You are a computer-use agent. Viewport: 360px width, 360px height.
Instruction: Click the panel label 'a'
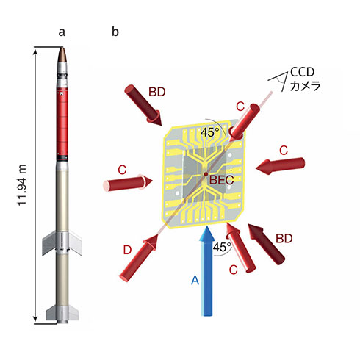pyautogui.click(x=62, y=32)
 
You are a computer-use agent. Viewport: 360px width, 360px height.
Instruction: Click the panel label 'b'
pyautogui.click(x=115, y=32)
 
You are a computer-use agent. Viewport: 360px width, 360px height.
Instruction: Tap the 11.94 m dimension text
pyautogui.click(x=22, y=185)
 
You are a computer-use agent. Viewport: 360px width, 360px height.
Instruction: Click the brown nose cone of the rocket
pyautogui.click(x=62, y=54)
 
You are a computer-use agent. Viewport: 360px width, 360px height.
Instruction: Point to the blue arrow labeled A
pyautogui.click(x=207, y=271)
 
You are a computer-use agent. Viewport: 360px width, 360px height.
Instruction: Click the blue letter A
pyautogui.click(x=195, y=281)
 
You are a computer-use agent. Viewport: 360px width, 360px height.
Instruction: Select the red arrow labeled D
pyautogui.click(x=139, y=258)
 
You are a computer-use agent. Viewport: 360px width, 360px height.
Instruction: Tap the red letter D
pyautogui.click(x=127, y=251)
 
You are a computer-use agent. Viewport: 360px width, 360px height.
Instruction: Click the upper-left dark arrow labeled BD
pyautogui.click(x=143, y=105)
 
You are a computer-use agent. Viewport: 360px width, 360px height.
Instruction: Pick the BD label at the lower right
pyautogui.click(x=284, y=238)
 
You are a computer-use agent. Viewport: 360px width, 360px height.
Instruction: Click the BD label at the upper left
pyautogui.click(x=157, y=92)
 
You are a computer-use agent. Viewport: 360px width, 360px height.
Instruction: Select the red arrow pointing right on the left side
pyautogui.click(x=128, y=183)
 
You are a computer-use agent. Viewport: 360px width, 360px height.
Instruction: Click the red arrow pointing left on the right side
pyautogui.click(x=280, y=165)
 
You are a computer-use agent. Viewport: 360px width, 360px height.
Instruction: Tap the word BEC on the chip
pyautogui.click(x=222, y=180)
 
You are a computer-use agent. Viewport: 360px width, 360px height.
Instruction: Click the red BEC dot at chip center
pyautogui.click(x=205, y=174)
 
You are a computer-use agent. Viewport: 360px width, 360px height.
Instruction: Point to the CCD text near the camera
pyautogui.click(x=302, y=72)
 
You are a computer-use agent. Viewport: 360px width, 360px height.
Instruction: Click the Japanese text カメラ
pyautogui.click(x=305, y=86)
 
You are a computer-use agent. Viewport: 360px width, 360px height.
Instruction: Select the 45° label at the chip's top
pyautogui.click(x=210, y=132)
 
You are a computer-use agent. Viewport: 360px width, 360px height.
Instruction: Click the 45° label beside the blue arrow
pyautogui.click(x=222, y=247)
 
